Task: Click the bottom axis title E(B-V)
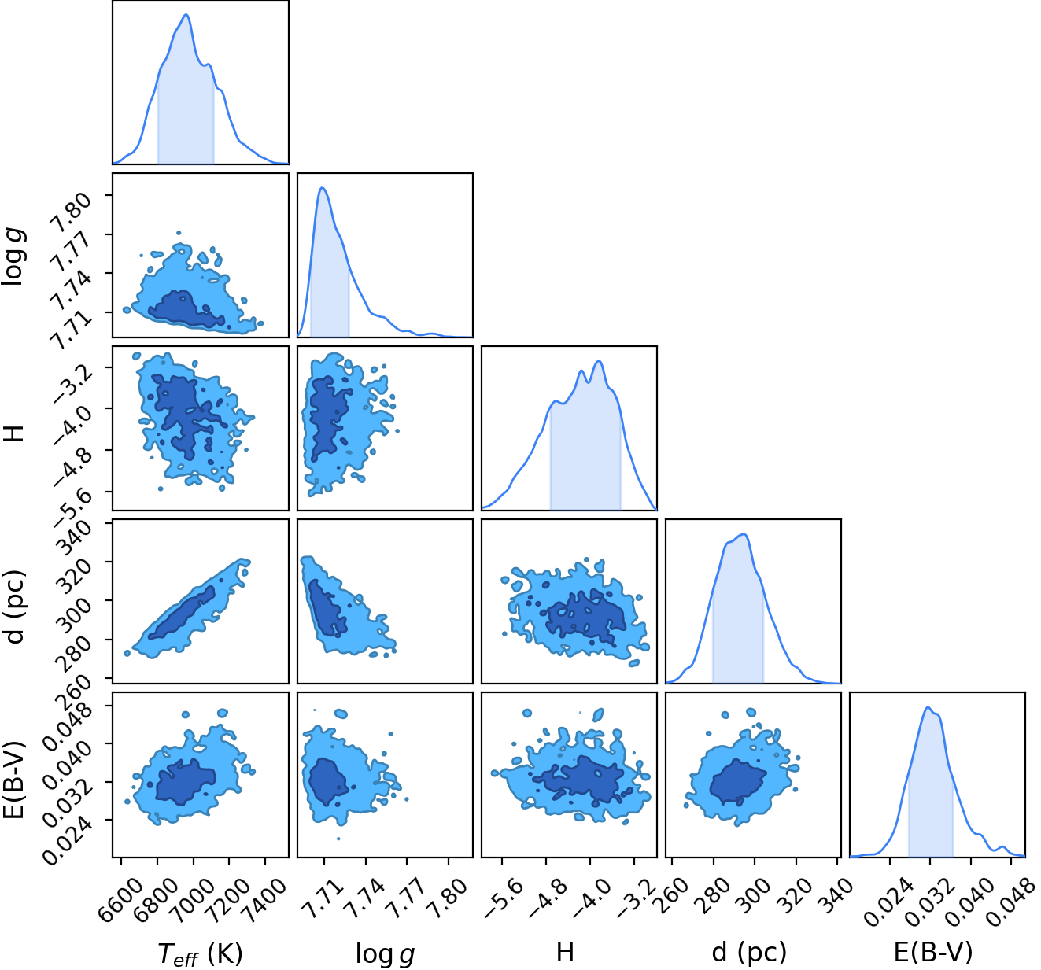click(933, 951)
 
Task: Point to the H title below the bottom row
click(564, 952)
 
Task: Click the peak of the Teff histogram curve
click(186, 14)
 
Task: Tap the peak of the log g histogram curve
click(323, 188)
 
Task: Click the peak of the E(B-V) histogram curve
click(927, 707)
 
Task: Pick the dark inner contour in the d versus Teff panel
click(182, 612)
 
